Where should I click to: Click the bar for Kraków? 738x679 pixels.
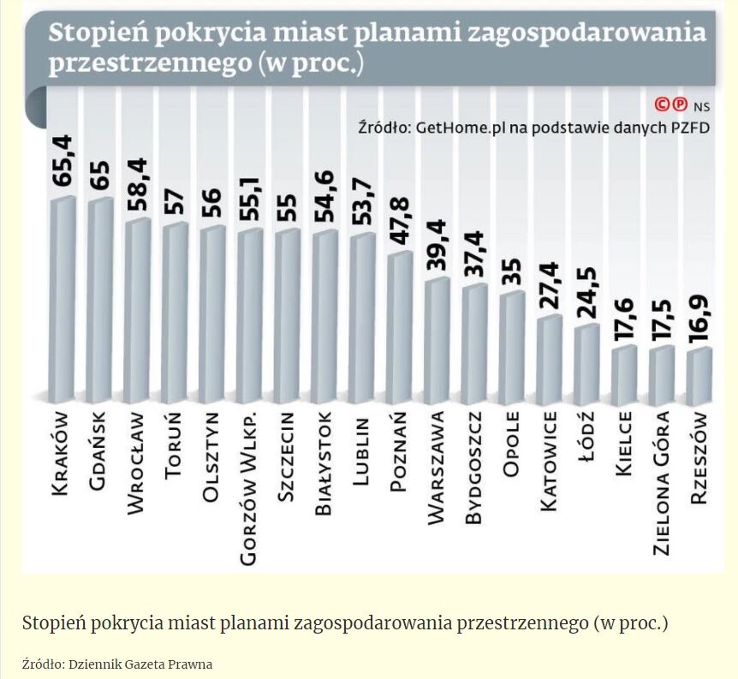coord(62,300)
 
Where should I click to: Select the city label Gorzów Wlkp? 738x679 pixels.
coord(249,488)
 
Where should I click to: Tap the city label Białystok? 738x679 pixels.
coord(324,463)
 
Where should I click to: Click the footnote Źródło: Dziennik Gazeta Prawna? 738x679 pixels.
coord(117,664)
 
